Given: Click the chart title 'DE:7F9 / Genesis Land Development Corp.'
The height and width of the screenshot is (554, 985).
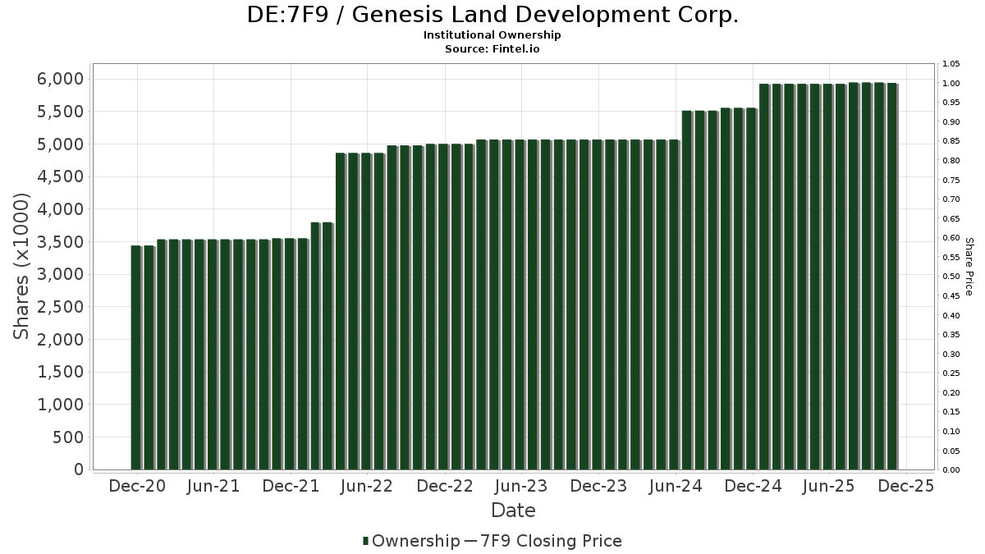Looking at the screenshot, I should pos(492,15).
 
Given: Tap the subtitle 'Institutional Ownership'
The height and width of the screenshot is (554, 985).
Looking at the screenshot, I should pos(492,35).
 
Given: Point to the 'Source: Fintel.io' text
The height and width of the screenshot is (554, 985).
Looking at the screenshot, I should pos(492,48).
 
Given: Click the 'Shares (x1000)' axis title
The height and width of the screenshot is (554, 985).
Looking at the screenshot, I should pos(22,266).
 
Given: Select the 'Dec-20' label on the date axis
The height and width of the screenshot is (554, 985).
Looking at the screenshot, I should pos(136,486).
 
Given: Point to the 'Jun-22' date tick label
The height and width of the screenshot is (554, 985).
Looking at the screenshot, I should pos(367,486).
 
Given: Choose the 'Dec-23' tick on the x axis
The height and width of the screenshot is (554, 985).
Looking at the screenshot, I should pos(598,486).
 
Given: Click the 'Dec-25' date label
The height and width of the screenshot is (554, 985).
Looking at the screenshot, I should pos(906,486).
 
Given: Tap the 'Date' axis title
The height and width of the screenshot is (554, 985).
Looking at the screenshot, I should pos(513,511).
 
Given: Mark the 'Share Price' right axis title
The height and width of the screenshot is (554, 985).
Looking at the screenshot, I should pos(969,266).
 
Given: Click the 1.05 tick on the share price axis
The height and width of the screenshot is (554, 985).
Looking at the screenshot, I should pos(951,64).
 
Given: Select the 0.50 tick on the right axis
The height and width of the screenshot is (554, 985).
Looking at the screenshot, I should pos(951,277).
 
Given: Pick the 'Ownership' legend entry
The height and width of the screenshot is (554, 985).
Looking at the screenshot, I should pos(411,541).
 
